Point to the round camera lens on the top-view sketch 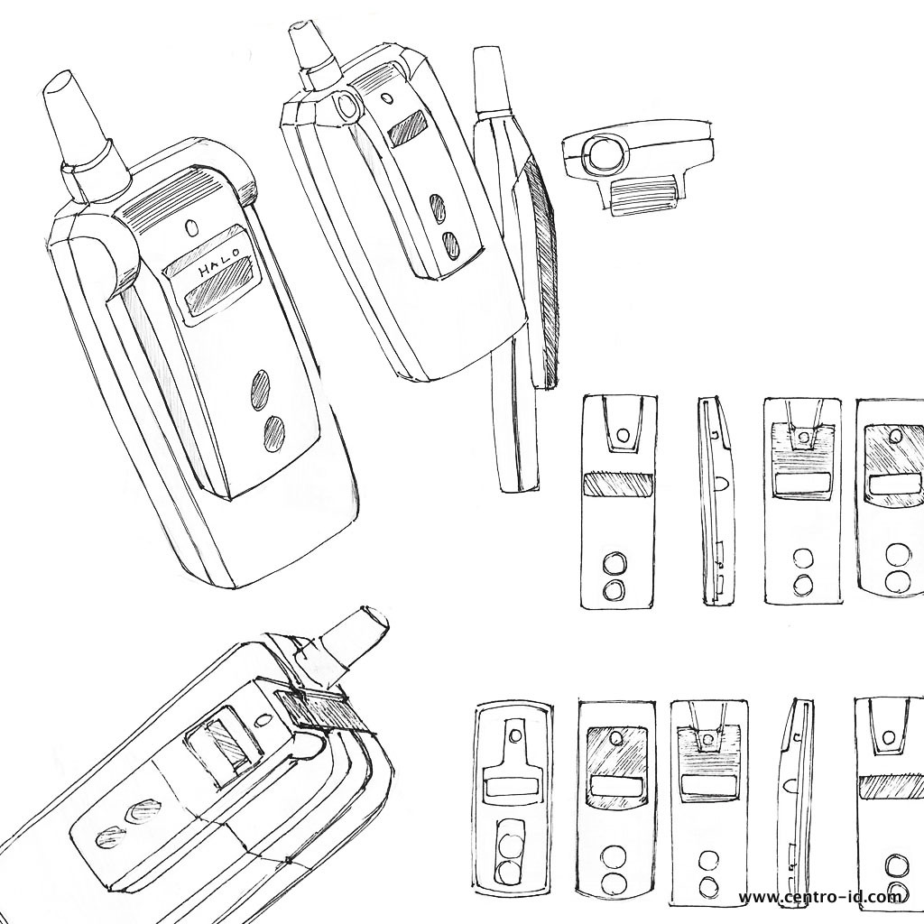(604, 153)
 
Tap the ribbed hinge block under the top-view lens (642, 196)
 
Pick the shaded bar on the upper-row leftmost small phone (617, 485)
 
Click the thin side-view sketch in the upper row (716, 501)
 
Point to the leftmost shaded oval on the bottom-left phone (111, 839)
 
